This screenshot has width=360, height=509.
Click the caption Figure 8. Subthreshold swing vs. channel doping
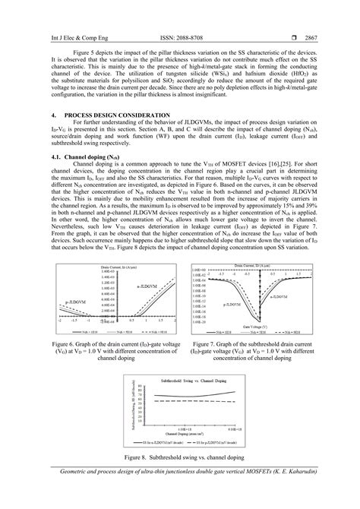coord(179,479)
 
